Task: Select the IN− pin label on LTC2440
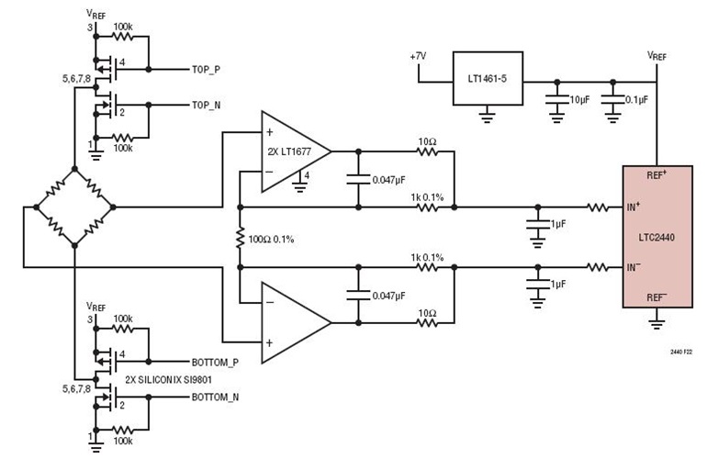point(634,267)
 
